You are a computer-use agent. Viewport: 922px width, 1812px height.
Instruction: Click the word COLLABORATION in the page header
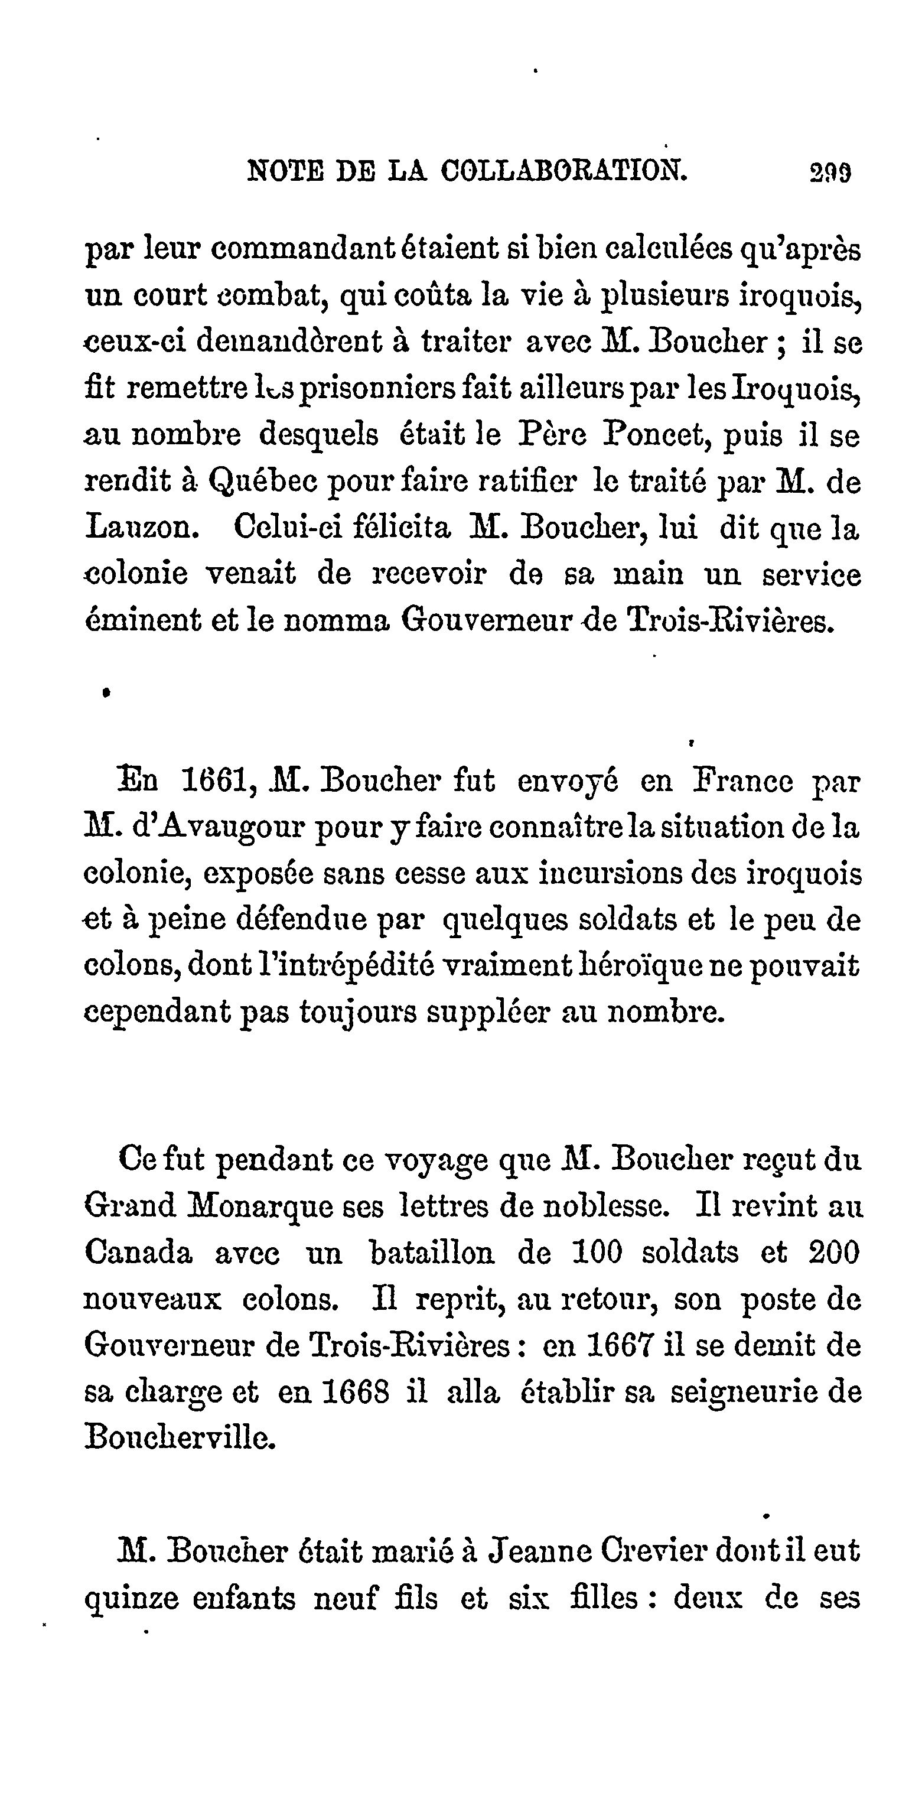[x=563, y=171]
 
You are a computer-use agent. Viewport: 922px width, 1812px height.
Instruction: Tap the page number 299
[x=830, y=173]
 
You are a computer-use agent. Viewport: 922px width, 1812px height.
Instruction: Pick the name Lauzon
[x=140, y=528]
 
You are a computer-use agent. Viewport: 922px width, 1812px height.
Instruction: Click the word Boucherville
[x=180, y=1439]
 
